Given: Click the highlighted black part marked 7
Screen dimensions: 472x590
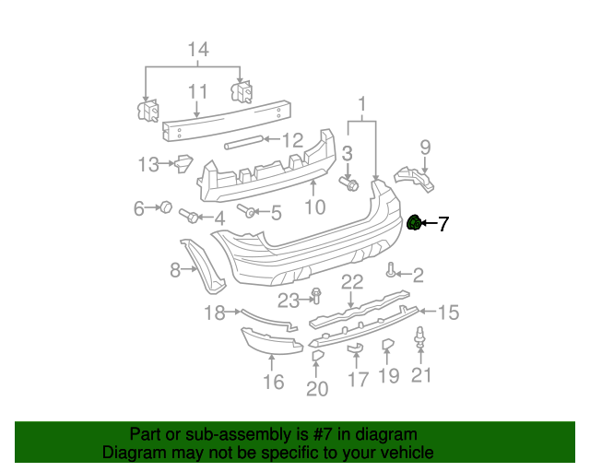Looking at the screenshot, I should click(x=415, y=223).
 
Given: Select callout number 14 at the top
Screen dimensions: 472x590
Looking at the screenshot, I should click(x=197, y=49).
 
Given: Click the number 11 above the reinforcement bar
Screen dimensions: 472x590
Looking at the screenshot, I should click(x=197, y=92).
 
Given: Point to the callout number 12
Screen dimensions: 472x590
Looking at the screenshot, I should click(x=292, y=140).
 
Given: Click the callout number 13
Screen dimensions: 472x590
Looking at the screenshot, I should click(x=148, y=165).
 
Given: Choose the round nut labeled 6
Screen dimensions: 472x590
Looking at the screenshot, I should click(x=167, y=207).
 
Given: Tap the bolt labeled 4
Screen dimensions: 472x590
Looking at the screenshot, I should click(x=187, y=217).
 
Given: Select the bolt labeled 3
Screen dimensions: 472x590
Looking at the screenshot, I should click(x=351, y=184).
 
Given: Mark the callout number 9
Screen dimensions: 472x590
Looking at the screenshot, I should click(x=425, y=147).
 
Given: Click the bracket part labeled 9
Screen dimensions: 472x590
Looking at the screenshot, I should click(x=415, y=178).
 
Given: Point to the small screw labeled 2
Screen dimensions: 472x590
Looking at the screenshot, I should click(x=392, y=271).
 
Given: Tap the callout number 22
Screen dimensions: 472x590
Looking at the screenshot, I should click(x=351, y=282).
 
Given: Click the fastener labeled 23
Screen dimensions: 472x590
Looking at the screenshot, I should click(x=315, y=296).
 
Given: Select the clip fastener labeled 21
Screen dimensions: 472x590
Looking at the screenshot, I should click(x=421, y=338).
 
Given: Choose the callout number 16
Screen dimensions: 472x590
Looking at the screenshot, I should click(x=274, y=381).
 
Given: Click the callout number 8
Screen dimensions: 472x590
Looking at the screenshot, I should click(x=175, y=270).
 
